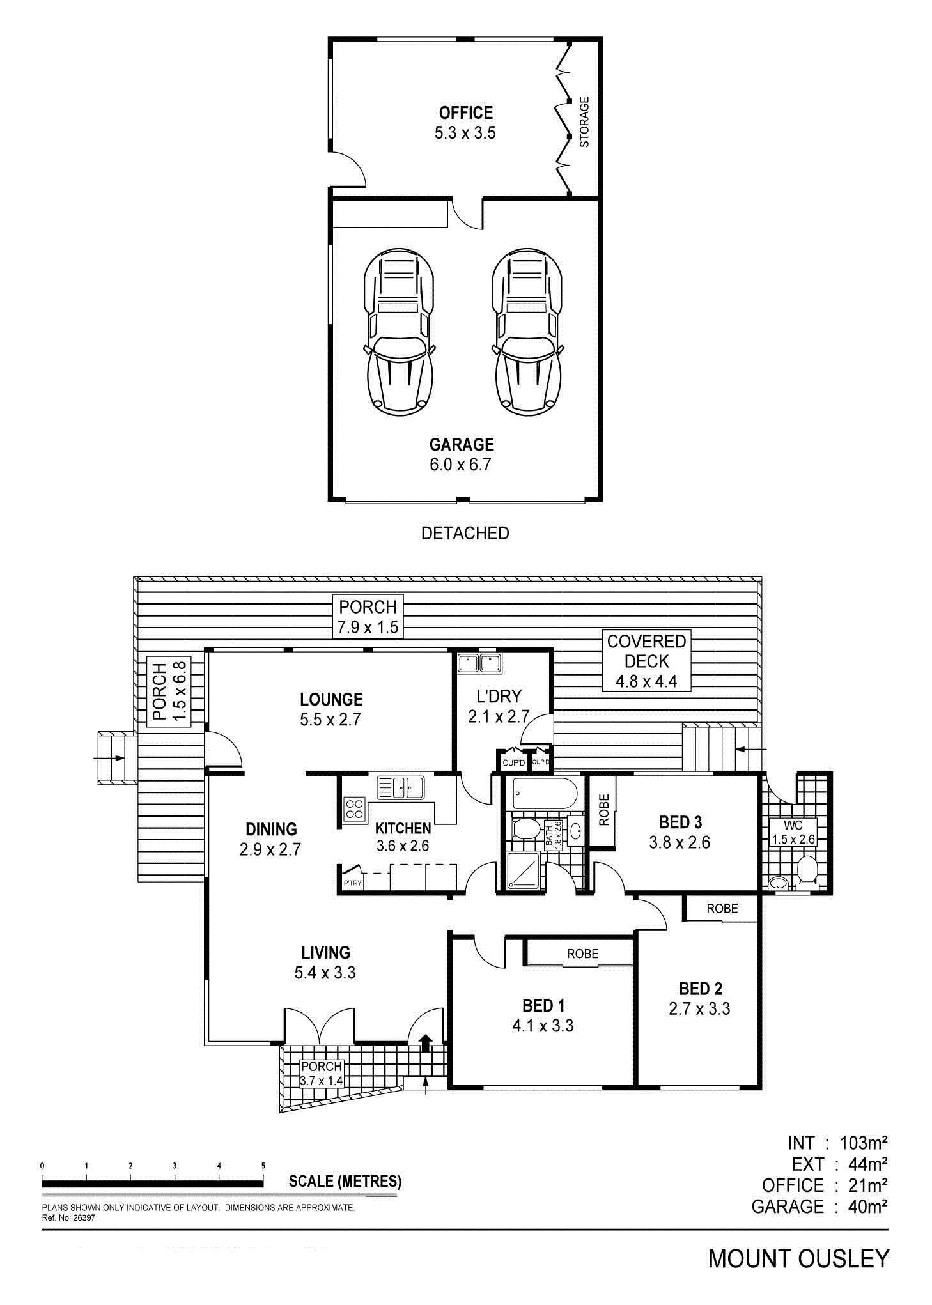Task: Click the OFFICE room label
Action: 465,113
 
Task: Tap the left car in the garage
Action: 400,333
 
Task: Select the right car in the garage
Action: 528,333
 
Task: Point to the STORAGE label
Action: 584,121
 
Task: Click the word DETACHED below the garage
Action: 465,533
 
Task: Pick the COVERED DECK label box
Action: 647,661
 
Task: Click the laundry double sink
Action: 479,663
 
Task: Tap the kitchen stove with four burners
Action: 354,809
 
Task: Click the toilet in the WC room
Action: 807,870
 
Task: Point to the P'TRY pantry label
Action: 352,883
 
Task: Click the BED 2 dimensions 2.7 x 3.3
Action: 700,1008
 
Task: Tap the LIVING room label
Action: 325,952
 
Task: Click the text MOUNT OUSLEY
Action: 798,1258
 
